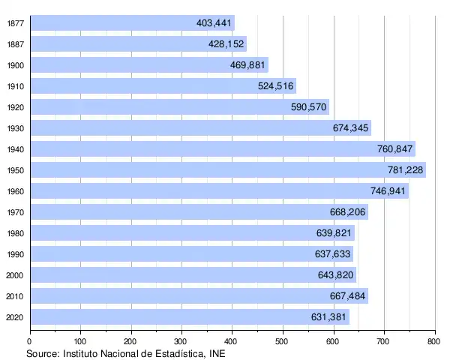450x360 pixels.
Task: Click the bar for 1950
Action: pyautogui.click(x=225, y=170)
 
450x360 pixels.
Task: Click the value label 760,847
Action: pyautogui.click(x=394, y=149)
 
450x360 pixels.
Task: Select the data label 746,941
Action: pyautogui.click(x=388, y=191)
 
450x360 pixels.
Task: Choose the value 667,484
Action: pyautogui.click(x=348, y=296)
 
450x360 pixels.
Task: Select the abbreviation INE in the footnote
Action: pyautogui.click(x=217, y=352)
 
